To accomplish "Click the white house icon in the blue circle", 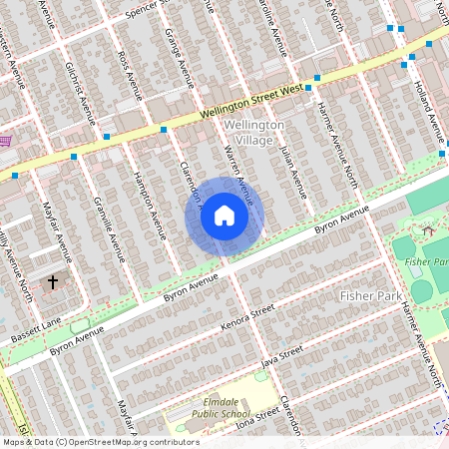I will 224,216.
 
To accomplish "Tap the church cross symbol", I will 54,282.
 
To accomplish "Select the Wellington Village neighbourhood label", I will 254,131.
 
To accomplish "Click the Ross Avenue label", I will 125,68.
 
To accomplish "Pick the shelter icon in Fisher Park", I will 428,231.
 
